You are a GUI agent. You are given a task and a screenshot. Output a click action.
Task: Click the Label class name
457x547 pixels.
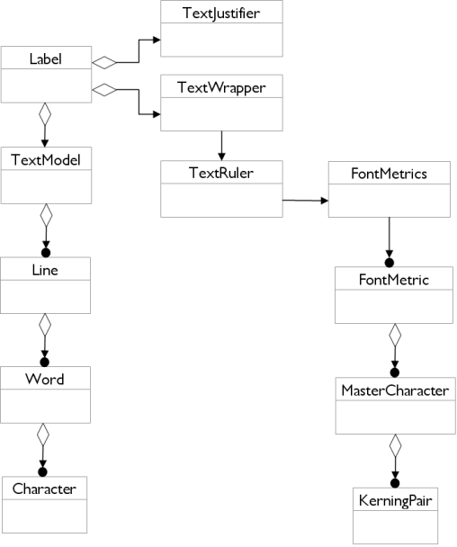click(x=46, y=58)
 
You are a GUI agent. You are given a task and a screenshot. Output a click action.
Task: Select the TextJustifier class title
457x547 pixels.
click(x=221, y=13)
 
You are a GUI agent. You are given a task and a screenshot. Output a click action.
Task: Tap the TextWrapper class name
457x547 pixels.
click(x=221, y=87)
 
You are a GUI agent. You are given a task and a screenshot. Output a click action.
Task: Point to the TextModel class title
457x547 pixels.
click(x=46, y=160)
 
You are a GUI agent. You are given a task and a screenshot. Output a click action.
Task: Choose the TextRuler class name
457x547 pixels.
click(x=221, y=173)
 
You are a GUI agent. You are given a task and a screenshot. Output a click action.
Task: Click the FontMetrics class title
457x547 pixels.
click(x=389, y=174)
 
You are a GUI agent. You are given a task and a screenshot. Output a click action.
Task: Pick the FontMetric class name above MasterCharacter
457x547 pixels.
click(x=394, y=280)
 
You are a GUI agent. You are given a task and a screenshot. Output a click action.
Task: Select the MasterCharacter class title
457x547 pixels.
click(x=395, y=390)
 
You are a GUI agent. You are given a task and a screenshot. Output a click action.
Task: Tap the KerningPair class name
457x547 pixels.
click(x=395, y=501)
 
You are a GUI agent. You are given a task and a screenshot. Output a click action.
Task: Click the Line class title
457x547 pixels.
click(x=45, y=270)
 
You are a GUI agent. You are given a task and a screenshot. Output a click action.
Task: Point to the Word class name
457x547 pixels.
click(x=45, y=379)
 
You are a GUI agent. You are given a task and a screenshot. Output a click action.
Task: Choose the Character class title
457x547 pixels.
click(x=44, y=489)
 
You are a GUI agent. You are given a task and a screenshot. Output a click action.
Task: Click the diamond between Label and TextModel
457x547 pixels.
click(x=45, y=113)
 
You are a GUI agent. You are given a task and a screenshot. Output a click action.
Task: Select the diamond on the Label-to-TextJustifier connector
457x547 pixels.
click(x=104, y=62)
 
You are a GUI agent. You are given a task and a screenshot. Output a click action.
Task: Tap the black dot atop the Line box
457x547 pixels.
click(x=46, y=253)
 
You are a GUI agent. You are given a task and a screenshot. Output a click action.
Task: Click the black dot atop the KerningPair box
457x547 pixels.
click(x=395, y=483)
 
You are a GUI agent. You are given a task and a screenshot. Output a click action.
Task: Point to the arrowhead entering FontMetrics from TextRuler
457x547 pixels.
click(x=325, y=201)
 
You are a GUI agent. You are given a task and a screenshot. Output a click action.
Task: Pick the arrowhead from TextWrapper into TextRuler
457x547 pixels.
click(x=221, y=157)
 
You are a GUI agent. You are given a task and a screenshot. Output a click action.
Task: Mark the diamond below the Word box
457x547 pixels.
click(x=43, y=435)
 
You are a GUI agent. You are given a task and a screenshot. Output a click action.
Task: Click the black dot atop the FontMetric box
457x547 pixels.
click(x=390, y=263)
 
